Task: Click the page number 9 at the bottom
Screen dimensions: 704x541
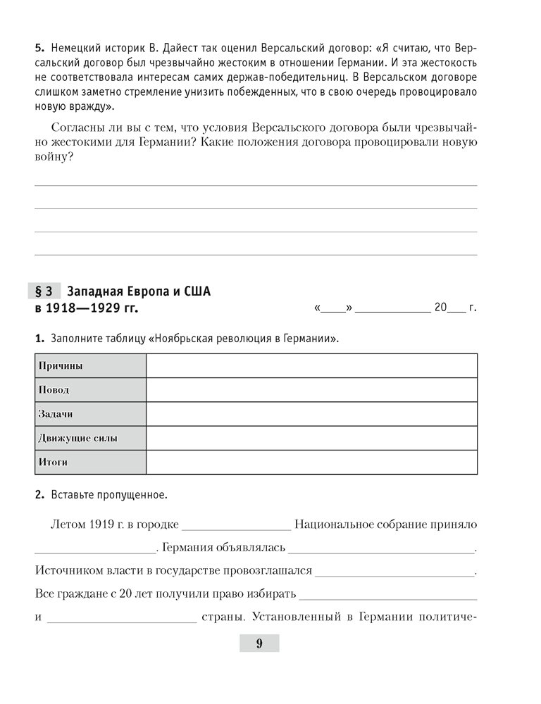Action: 259,643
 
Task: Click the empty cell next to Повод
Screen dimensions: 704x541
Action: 311,389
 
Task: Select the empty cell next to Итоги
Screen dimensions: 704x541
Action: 311,462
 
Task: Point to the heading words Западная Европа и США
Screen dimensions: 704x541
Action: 139,290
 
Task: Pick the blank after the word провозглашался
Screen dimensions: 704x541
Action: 395,572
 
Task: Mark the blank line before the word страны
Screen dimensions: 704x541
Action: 124,620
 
